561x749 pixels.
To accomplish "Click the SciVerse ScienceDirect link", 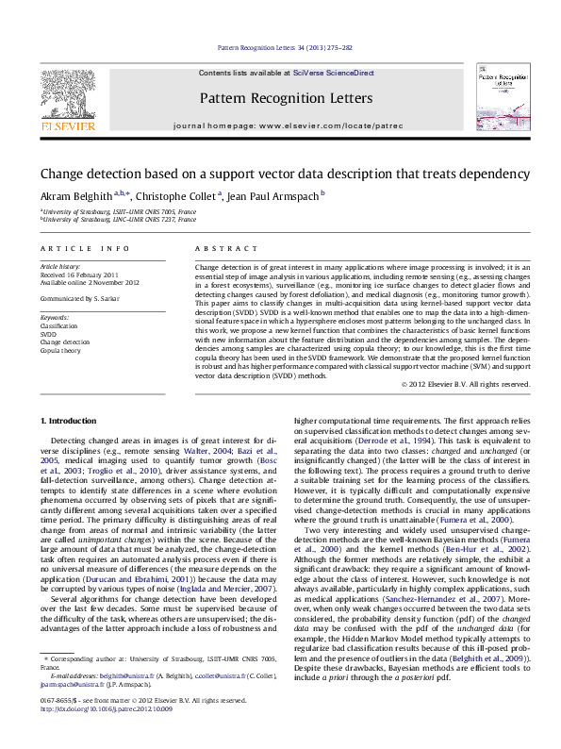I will point(333,73).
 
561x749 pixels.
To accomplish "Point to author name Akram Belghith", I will point(74,196).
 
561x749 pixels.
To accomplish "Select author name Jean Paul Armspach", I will point(274,196).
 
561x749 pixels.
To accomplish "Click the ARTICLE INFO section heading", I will point(85,249).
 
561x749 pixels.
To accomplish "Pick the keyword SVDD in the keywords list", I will point(49,334).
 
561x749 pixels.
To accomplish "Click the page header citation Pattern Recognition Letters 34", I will point(285,46).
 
